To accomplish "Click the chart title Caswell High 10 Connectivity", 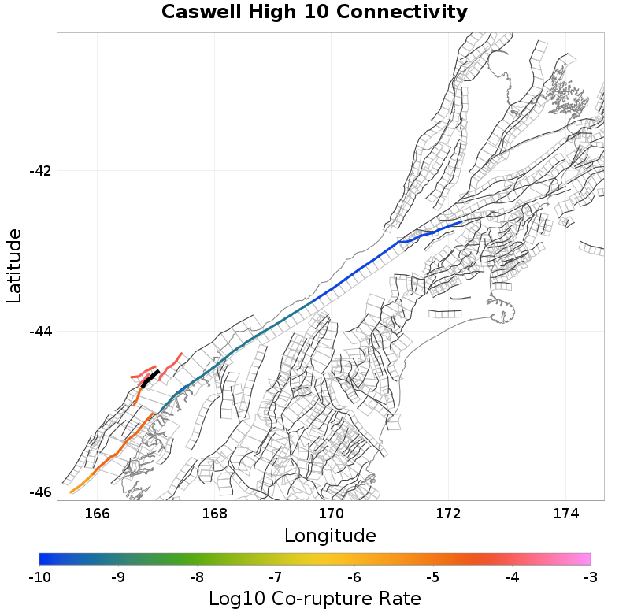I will click(314, 13).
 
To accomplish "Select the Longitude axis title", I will click(330, 536).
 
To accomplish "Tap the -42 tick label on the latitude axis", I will click(39, 171).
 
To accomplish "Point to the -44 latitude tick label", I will click(39, 332).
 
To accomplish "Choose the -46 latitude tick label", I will click(39, 492).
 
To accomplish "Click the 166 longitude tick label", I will click(97, 514).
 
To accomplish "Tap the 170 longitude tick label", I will click(331, 514).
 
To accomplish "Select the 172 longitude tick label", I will click(448, 514).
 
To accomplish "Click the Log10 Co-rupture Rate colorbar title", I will click(315, 599).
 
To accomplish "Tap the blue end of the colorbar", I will click(46, 559).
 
